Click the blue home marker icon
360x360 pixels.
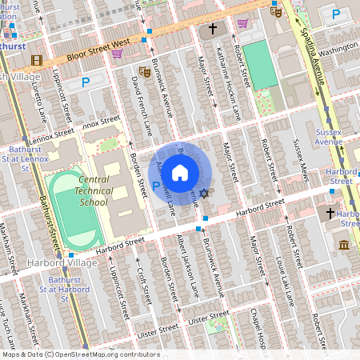180,172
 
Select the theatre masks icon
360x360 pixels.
145,72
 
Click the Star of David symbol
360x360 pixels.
204,194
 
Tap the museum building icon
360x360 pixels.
344,244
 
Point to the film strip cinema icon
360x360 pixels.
36,60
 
